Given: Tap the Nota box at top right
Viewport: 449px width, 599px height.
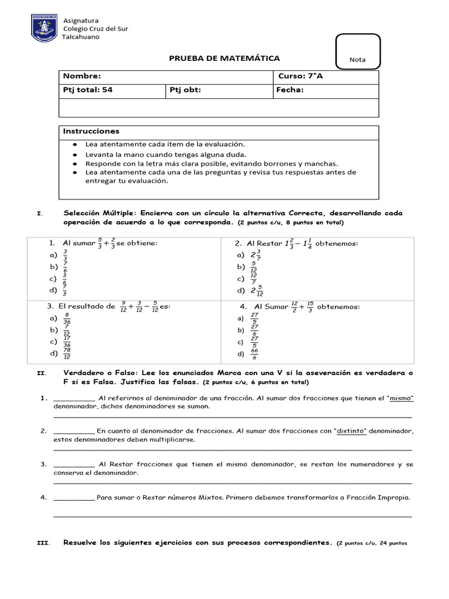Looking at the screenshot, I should (357, 51).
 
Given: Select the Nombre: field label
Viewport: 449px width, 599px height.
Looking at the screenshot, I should (82, 77).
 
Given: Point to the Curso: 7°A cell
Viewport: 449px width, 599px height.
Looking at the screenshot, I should (300, 77).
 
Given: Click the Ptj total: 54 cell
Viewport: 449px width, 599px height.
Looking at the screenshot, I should (87, 90).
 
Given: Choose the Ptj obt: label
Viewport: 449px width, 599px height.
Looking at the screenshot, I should (185, 90).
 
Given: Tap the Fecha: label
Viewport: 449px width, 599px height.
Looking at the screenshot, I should (291, 90).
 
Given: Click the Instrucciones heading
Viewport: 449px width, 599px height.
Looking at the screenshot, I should (91, 131).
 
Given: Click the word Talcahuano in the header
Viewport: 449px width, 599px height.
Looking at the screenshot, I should (81, 37).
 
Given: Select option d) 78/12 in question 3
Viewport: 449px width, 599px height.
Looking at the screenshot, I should (61, 353).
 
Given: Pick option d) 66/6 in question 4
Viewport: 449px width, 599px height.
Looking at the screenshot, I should (248, 354).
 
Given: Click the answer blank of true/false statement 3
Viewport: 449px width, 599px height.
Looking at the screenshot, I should (74, 464).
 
